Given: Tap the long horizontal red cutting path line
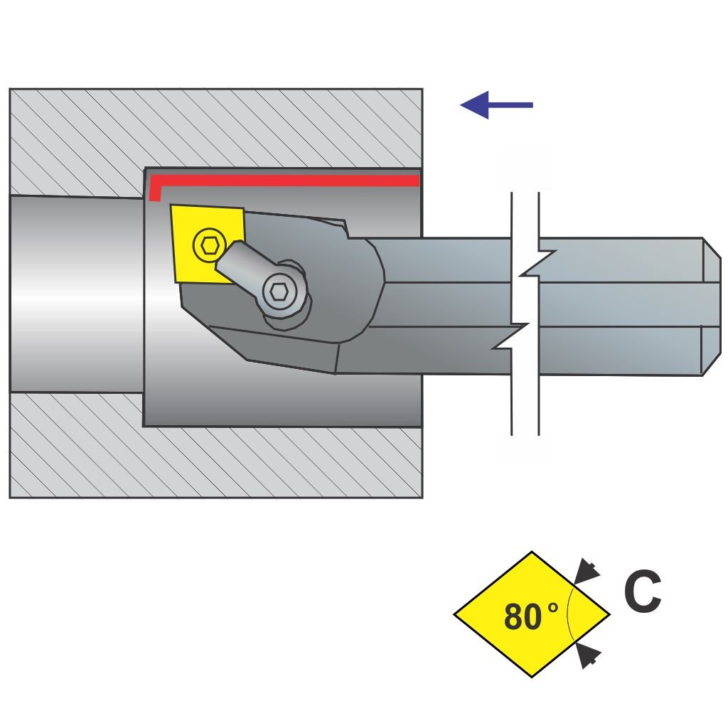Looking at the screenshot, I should [x=284, y=180].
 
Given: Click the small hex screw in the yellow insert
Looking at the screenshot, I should [x=208, y=245].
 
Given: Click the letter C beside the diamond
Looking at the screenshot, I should [x=642, y=593].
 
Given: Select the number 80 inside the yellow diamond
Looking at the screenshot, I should [x=522, y=617].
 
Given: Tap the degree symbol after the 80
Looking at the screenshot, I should [x=553, y=608].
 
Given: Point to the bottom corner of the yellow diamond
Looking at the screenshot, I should [x=532, y=675].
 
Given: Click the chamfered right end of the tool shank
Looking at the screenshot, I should [x=711, y=306].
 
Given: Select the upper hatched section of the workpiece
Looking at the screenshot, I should [x=213, y=128].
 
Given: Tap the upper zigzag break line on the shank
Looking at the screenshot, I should [x=537, y=263].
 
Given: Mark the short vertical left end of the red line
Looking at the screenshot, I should [x=155, y=190].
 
